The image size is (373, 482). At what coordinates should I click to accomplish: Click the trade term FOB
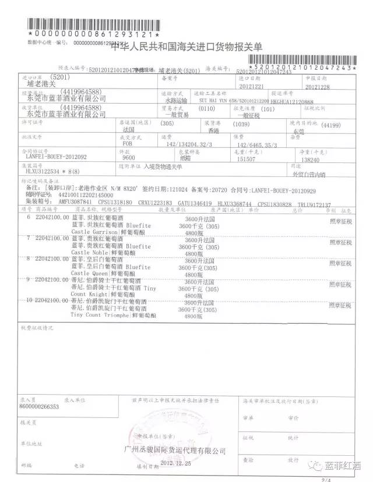[125, 145]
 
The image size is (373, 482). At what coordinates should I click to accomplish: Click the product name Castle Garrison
[93, 232]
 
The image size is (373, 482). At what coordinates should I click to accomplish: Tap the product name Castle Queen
[89, 272]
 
